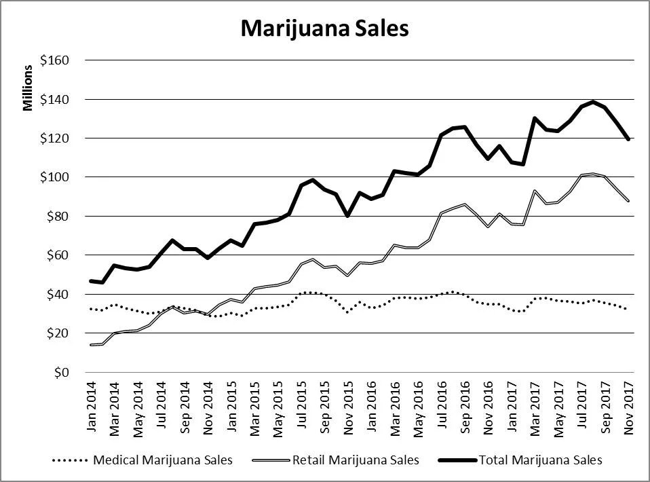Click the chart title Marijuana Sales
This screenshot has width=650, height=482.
pyautogui.click(x=324, y=29)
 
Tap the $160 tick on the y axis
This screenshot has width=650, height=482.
pyautogui.click(x=56, y=60)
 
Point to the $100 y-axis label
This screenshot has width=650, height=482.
pyautogui.click(x=56, y=177)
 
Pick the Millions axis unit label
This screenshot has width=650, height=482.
pyautogui.click(x=28, y=88)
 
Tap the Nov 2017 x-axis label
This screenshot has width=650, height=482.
pyautogui.click(x=628, y=405)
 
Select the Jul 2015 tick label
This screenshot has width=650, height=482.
pyautogui.click(x=301, y=405)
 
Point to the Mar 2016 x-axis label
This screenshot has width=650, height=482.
pyautogui.click(x=394, y=405)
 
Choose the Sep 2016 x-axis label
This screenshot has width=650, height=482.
pyautogui.click(x=465, y=405)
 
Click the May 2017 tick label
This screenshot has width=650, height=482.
pyautogui.click(x=558, y=405)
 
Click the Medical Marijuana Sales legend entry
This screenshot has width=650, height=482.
pyautogui.click(x=142, y=460)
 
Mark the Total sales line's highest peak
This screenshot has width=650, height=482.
pyautogui.click(x=593, y=102)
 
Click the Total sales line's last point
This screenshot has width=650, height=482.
pyautogui.click(x=628, y=139)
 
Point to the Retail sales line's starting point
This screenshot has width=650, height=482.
pyautogui.click(x=92, y=345)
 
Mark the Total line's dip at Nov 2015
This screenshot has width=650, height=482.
pyautogui.click(x=347, y=216)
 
